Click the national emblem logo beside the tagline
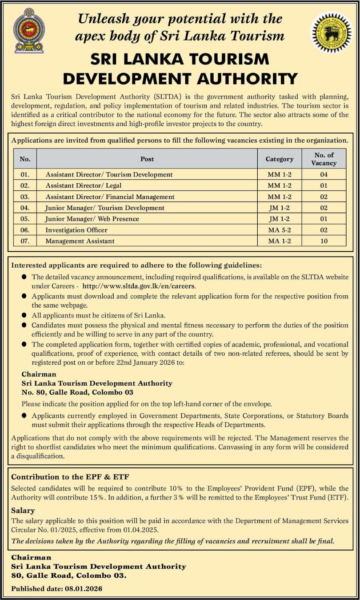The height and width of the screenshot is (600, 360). point(29,30)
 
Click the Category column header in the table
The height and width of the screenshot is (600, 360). point(279,159)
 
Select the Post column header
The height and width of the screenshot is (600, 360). point(147,159)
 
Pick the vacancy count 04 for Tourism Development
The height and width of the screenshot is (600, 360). point(324,174)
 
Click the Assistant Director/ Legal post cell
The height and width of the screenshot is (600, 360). point(83,185)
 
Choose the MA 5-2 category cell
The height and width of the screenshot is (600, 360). point(279,230)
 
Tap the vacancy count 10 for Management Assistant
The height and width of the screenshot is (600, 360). point(324,241)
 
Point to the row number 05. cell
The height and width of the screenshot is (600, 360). point(25,219)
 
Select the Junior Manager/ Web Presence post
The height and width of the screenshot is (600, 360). point(92,219)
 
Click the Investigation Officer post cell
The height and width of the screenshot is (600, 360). point(76,230)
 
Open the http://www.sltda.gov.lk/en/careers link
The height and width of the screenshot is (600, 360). point(139,286)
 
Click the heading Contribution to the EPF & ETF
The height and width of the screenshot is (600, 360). point(70,477)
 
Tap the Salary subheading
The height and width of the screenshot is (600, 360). point(23,511)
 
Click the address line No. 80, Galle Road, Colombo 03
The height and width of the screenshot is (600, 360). point(77,392)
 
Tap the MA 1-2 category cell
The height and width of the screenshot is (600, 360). point(279,241)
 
